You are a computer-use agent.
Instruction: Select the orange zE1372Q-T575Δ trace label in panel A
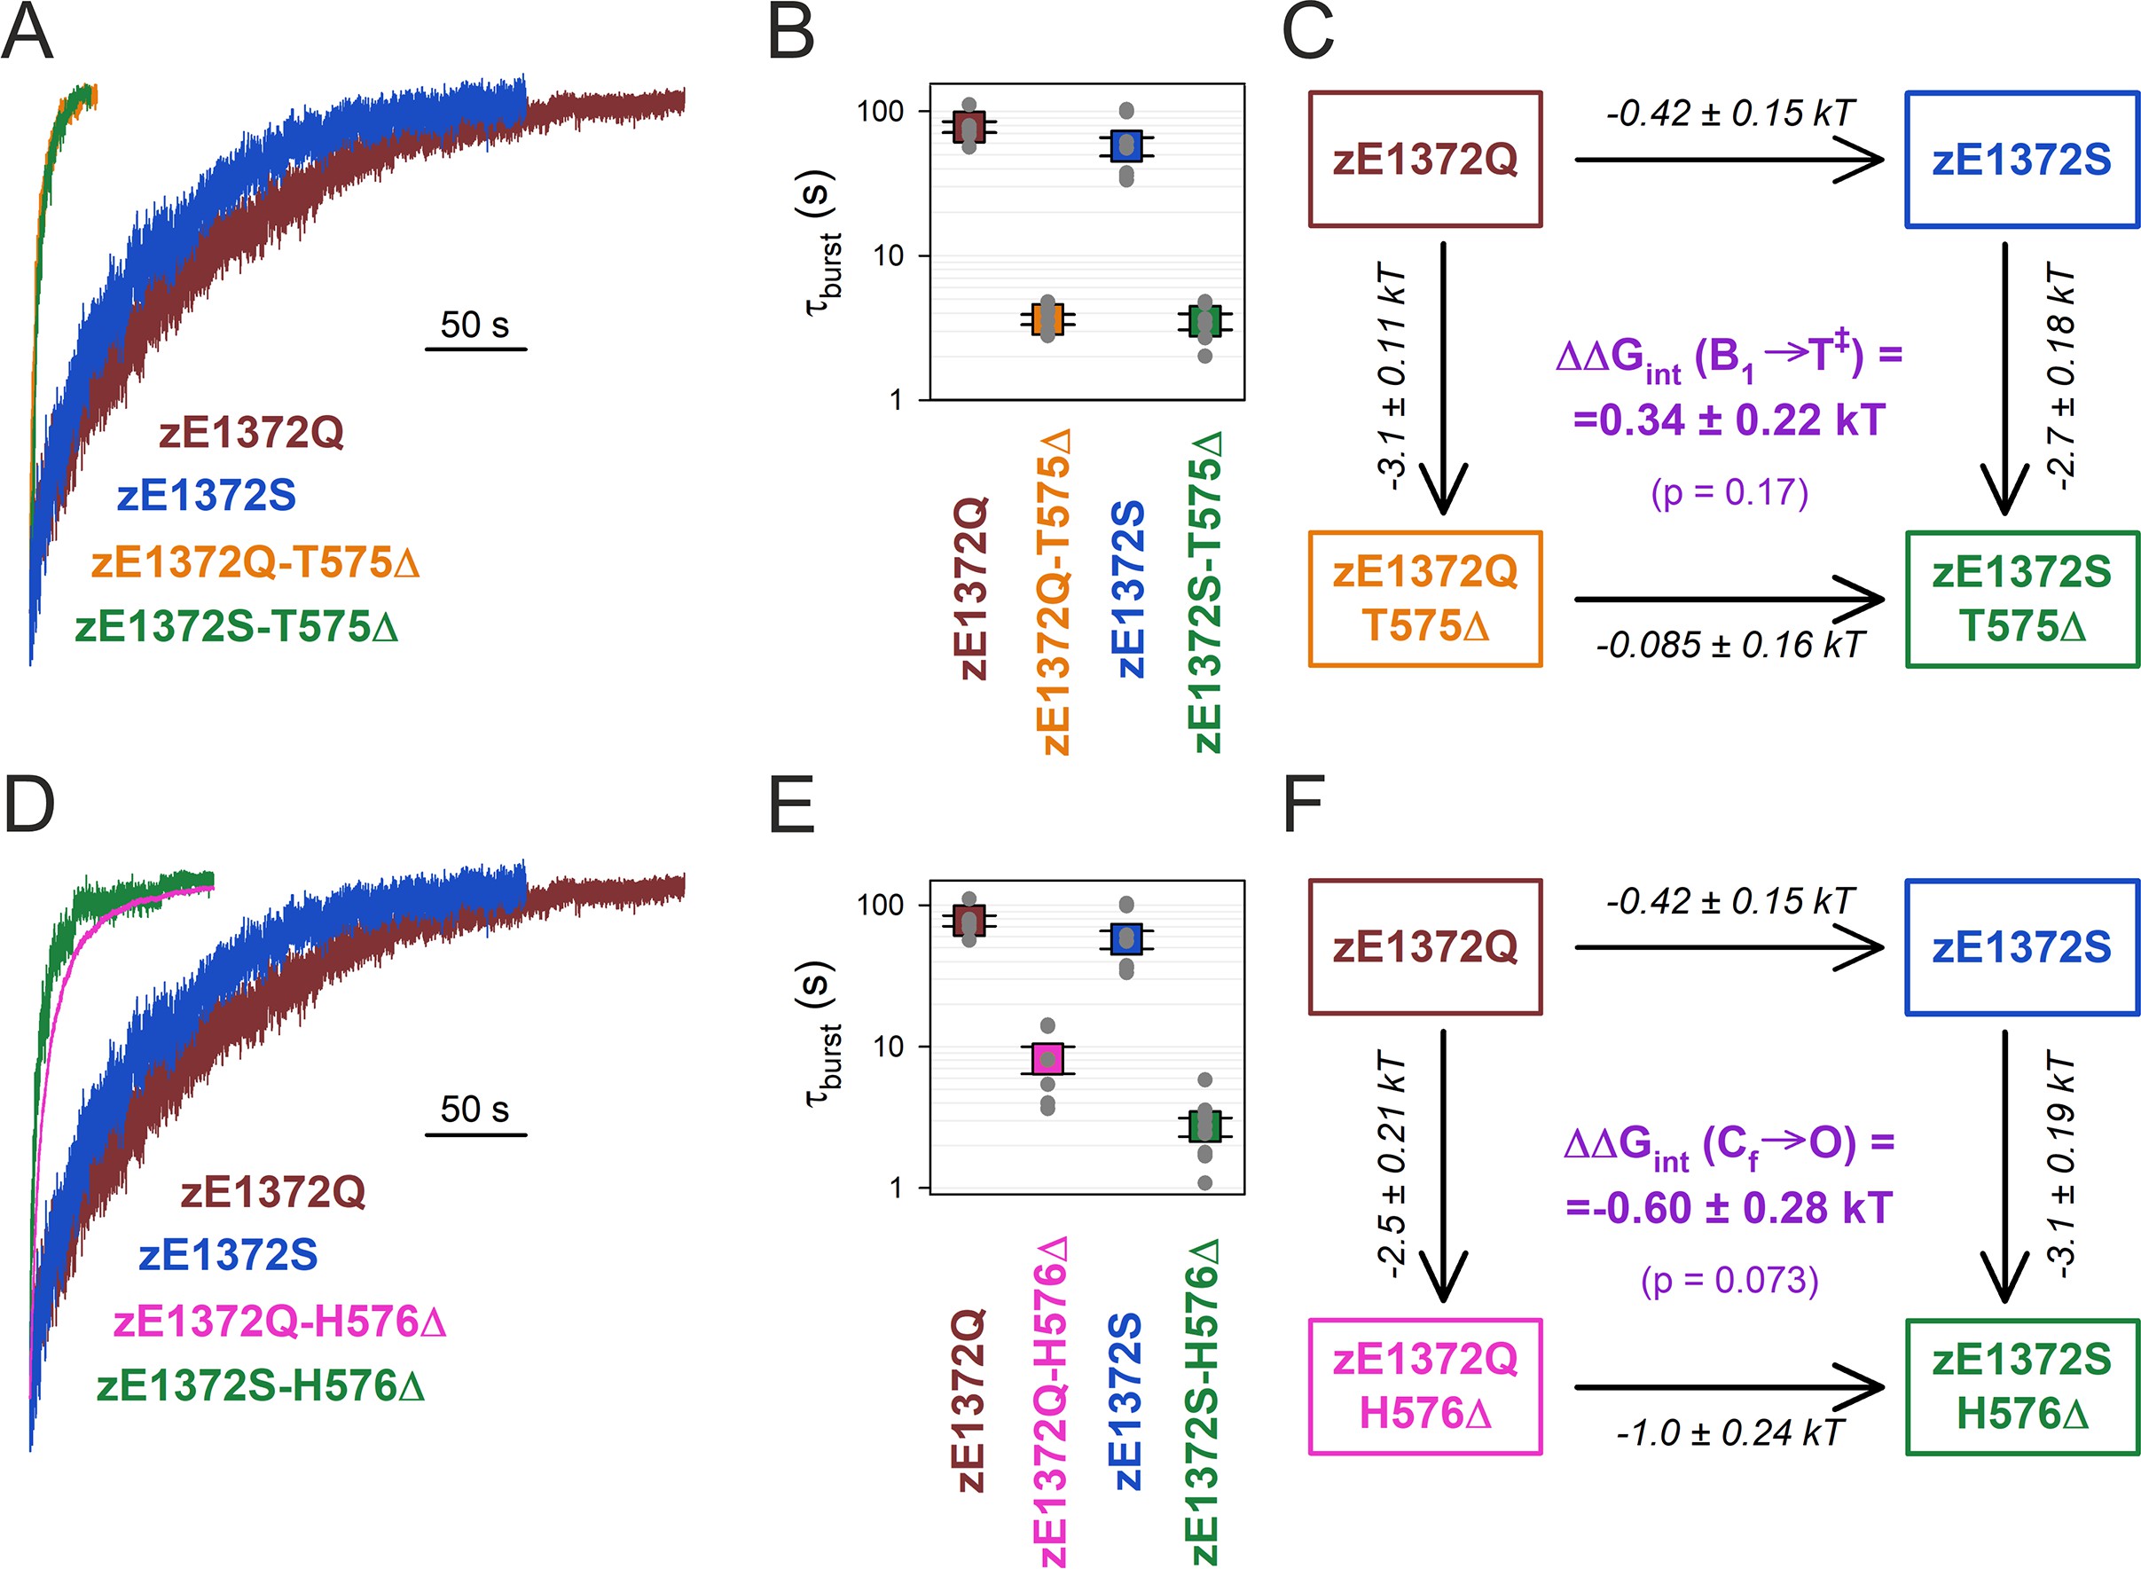click(x=255, y=562)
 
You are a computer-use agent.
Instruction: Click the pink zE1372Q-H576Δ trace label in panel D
click(x=279, y=1322)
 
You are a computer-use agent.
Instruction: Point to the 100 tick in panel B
click(x=880, y=111)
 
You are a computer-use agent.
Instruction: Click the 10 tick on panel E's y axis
click(x=888, y=1047)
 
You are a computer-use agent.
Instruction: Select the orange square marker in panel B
click(x=1047, y=319)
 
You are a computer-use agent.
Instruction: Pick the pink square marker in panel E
click(x=1047, y=1058)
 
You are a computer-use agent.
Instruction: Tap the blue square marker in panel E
click(x=1126, y=938)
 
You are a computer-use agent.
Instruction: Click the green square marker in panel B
click(x=1204, y=322)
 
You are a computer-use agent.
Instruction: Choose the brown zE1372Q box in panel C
click(x=1424, y=160)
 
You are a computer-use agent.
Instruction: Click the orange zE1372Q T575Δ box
click(x=1424, y=600)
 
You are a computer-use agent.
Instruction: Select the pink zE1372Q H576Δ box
click(x=1424, y=1386)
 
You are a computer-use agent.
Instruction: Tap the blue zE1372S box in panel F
click(x=2021, y=947)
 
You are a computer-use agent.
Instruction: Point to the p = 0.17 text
click(x=1729, y=493)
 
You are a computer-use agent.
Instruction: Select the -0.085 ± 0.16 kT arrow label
click(x=1729, y=645)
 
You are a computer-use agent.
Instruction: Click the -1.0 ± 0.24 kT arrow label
click(x=1729, y=1432)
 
